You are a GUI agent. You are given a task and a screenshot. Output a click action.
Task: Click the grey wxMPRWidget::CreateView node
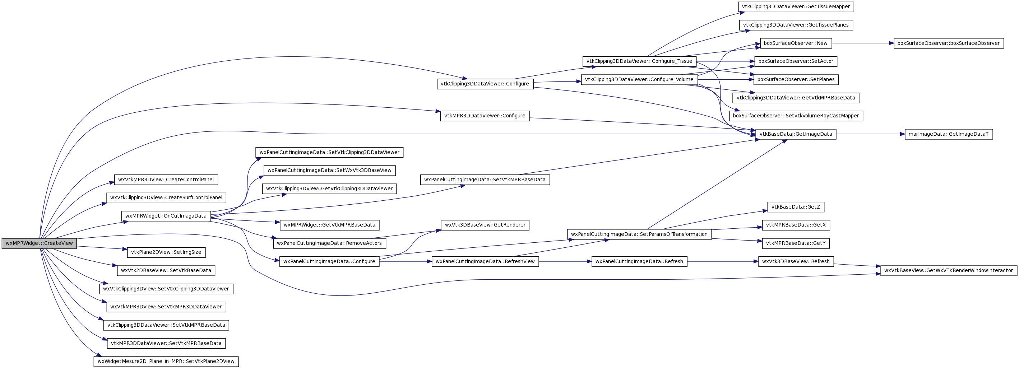39,243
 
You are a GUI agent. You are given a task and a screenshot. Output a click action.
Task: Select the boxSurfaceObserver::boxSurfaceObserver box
949,43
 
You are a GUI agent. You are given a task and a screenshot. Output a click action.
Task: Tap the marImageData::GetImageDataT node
949,134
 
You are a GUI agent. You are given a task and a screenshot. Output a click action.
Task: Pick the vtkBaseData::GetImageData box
796,134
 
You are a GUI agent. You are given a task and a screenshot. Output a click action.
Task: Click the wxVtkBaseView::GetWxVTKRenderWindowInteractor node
949,270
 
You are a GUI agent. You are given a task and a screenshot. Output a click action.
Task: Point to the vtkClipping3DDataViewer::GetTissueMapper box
796,7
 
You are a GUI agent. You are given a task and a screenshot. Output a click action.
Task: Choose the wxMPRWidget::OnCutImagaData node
166,216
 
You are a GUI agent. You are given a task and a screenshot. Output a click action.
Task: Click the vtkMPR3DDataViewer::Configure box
485,116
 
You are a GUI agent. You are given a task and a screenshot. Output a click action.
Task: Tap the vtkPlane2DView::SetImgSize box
166,252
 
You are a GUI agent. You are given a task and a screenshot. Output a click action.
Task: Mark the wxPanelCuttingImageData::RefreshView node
485,261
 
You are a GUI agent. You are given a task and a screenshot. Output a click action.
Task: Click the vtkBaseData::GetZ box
796,207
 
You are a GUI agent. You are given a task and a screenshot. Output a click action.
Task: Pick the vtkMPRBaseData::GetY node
796,243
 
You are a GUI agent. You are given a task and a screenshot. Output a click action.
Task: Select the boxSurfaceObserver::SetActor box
796,61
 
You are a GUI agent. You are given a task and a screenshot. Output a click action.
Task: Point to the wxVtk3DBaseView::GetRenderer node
485,225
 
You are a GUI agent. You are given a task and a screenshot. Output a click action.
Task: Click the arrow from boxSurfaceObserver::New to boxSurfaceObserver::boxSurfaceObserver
863,43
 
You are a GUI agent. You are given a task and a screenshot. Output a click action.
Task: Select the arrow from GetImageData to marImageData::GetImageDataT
871,134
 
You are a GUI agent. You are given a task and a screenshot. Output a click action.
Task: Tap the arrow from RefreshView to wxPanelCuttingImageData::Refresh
565,261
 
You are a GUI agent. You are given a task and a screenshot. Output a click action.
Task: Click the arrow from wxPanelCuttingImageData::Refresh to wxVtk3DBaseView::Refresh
723,261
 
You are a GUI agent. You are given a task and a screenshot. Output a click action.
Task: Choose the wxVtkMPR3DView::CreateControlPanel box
166,180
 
